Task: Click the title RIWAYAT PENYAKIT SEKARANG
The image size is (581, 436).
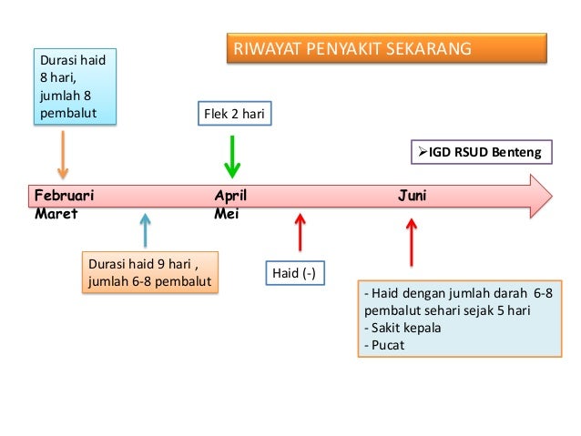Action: tap(386, 48)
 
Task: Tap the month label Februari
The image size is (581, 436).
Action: tap(64, 196)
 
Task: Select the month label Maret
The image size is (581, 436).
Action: tap(56, 214)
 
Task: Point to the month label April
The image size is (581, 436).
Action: tap(229, 196)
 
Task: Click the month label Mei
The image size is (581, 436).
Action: tap(224, 214)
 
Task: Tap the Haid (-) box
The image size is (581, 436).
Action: tap(294, 273)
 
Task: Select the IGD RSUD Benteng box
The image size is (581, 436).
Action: tap(481, 152)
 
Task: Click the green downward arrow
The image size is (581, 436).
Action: tap(233, 157)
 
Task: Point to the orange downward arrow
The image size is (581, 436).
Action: tap(63, 154)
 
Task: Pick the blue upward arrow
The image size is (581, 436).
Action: tap(145, 231)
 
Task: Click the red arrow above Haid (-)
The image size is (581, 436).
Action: tap(300, 232)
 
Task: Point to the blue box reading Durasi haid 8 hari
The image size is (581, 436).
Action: tap(73, 87)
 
